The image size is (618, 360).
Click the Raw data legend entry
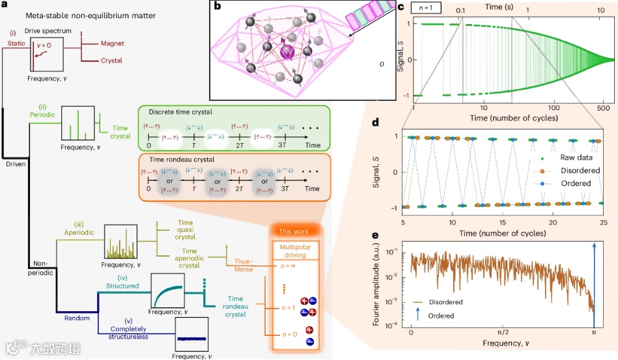[571, 158]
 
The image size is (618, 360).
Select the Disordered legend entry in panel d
[572, 171]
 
